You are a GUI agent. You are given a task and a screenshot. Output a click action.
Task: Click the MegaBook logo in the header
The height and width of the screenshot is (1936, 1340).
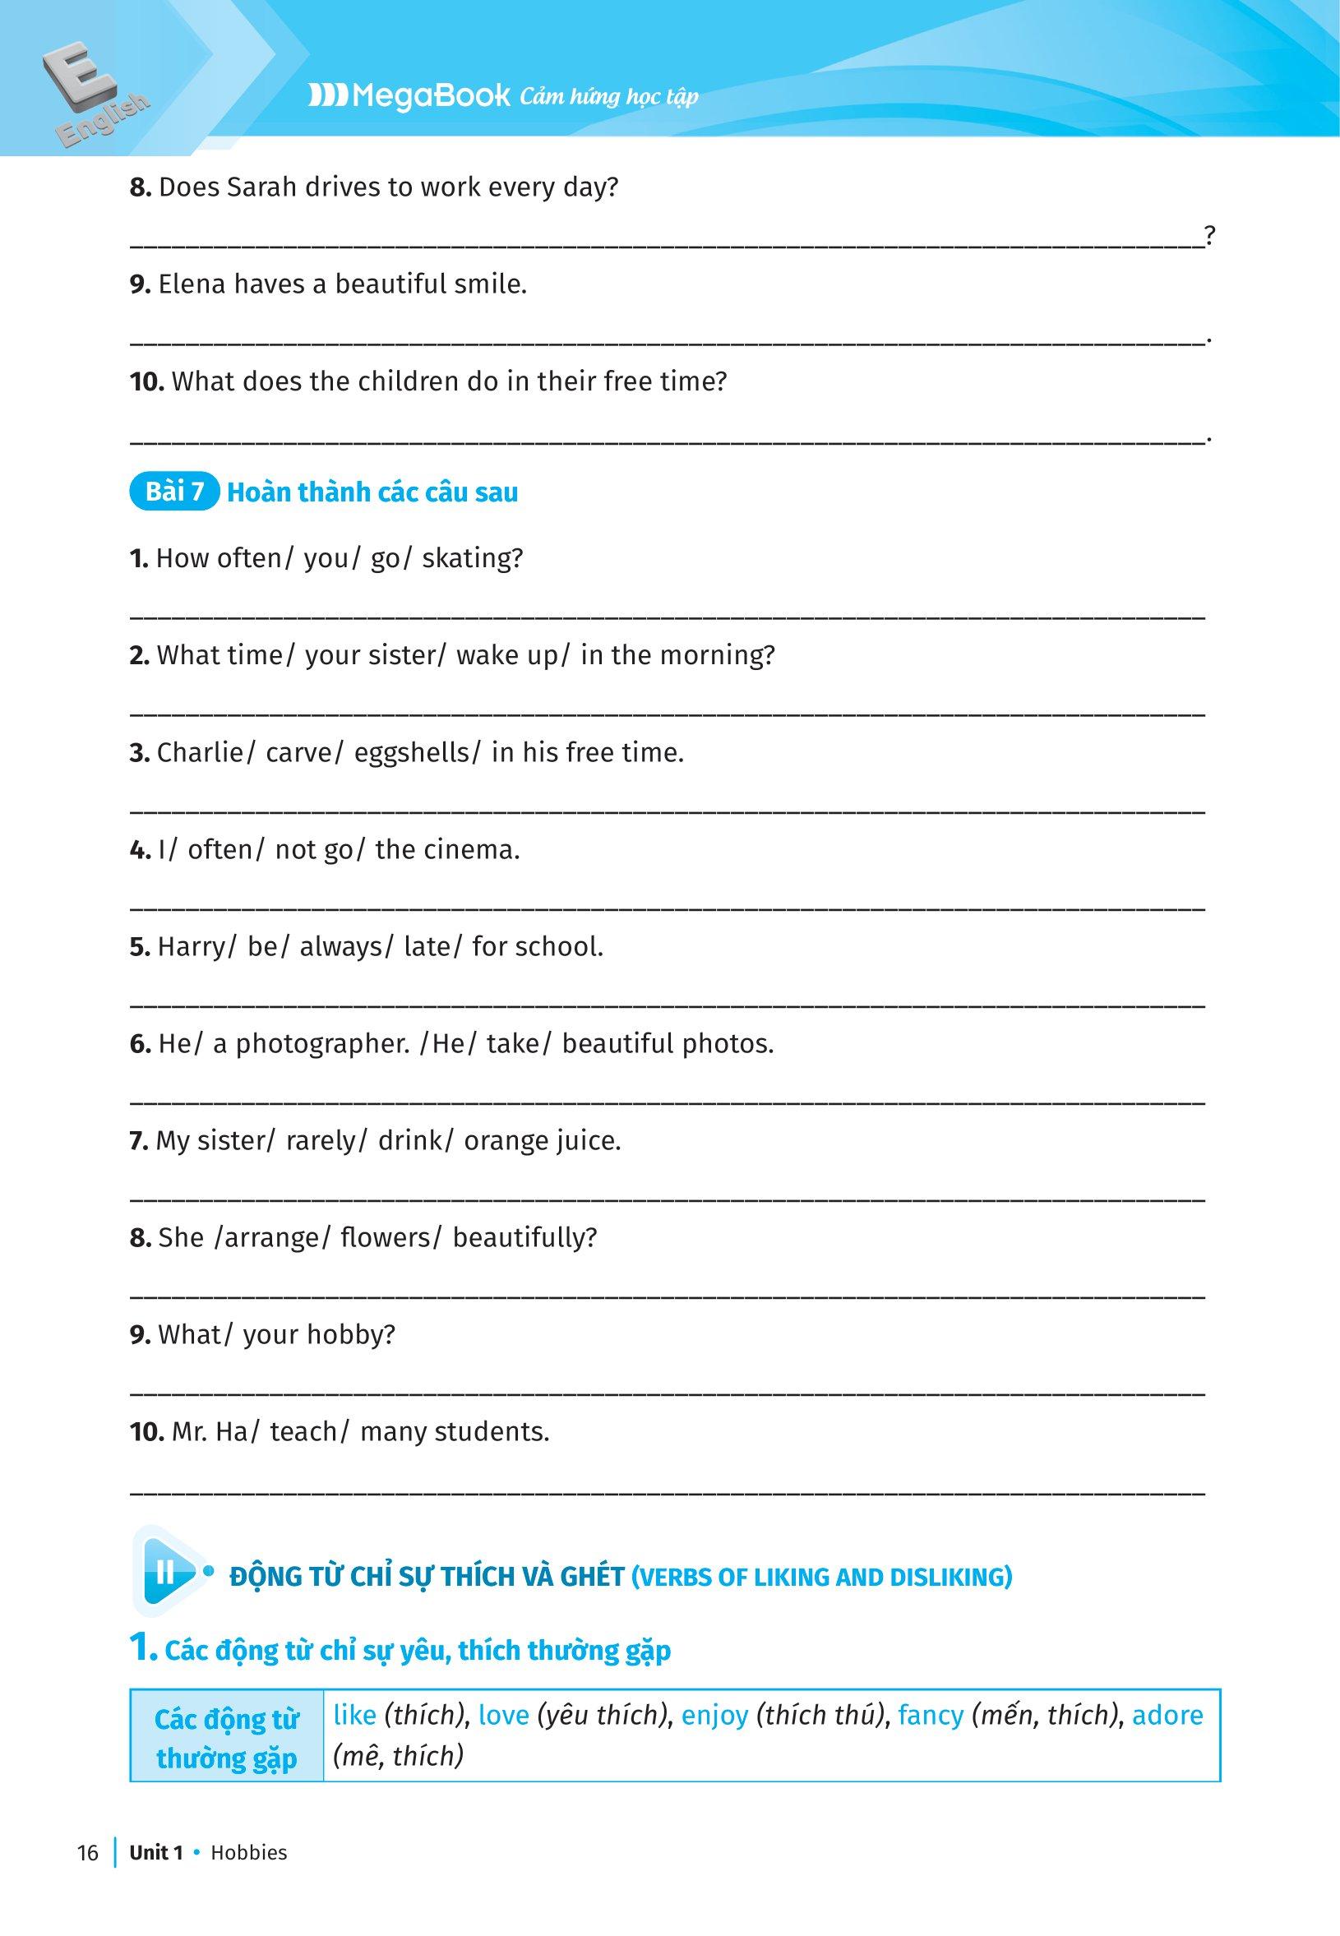(x=409, y=96)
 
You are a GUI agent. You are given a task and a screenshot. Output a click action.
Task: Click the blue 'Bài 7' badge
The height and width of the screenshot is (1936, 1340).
(x=174, y=491)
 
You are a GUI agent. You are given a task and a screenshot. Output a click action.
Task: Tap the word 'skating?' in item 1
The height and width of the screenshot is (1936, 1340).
(x=472, y=558)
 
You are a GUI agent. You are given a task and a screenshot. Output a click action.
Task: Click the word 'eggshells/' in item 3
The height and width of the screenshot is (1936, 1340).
(x=418, y=752)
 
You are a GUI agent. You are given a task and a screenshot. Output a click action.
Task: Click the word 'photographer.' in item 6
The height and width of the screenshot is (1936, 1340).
(x=322, y=1044)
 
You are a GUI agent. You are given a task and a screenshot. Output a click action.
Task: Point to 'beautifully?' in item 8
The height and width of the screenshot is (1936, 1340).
(x=524, y=1237)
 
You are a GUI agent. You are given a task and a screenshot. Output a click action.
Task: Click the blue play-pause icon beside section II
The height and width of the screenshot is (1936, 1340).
(x=167, y=1571)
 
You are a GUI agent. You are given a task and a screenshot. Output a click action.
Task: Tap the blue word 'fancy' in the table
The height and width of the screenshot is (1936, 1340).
(x=931, y=1714)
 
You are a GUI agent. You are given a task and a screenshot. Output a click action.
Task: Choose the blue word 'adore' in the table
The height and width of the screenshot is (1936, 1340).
(x=1167, y=1714)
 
